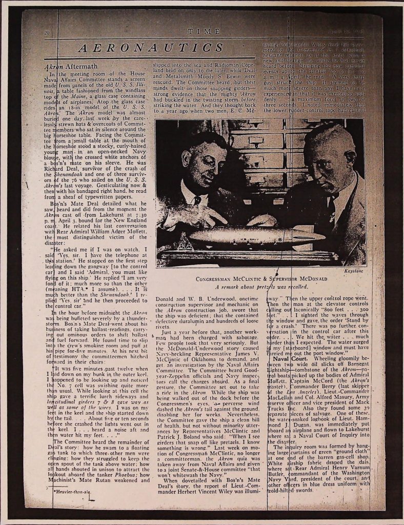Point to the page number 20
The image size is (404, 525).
pyautogui.click(x=47, y=34)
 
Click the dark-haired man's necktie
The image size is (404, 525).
pyautogui.click(x=196, y=200)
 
